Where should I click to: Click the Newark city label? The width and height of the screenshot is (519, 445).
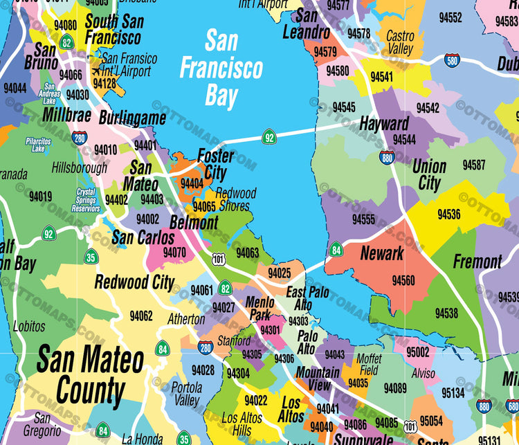coord(381,253)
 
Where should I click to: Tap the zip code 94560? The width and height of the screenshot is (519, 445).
coord(403,280)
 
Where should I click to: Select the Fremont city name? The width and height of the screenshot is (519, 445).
coord(477,262)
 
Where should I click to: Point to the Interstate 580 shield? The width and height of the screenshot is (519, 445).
coord(453,60)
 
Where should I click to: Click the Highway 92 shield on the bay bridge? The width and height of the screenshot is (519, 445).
coord(269,137)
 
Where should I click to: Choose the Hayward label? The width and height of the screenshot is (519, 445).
coord(384,124)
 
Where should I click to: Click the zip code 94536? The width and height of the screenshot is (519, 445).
coord(448,214)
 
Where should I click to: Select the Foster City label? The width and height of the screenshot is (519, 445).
coord(215,164)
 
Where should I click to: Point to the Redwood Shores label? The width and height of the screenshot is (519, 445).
coord(235,199)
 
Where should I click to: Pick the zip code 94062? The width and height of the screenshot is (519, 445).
coord(140,316)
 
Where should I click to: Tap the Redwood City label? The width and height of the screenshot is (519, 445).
coord(134,282)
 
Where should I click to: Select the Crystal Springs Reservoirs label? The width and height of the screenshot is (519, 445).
coord(87,200)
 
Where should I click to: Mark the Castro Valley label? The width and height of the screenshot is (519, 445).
coord(400,42)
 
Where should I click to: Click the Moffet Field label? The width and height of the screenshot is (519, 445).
coord(369,364)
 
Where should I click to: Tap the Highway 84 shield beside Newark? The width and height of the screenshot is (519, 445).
coord(336,249)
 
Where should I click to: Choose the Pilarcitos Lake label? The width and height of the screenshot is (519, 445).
coord(38,144)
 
